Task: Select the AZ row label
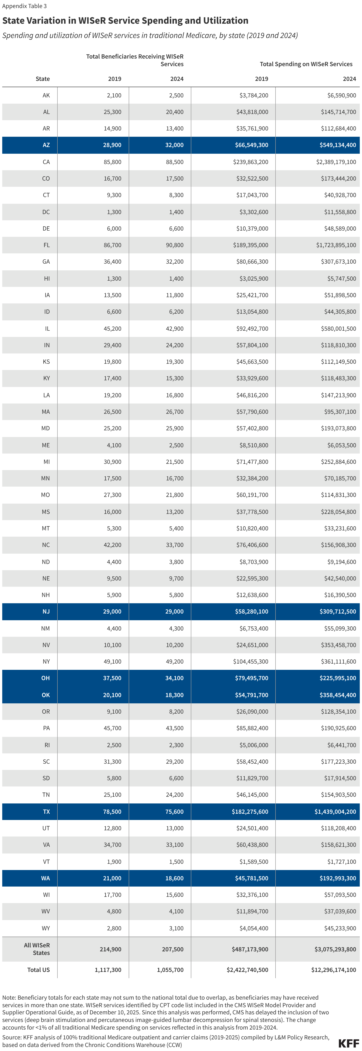pyautogui.click(x=46, y=145)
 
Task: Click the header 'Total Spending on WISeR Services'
pyautogui.click(x=306, y=64)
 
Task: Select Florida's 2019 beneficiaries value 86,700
pyautogui.click(x=112, y=245)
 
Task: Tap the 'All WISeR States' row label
pyautogui.click(x=37, y=949)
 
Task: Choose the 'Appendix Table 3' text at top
pyautogui.click(x=25, y=6)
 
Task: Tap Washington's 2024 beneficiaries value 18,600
pyautogui.click(x=174, y=878)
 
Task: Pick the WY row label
pyautogui.click(x=46, y=928)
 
